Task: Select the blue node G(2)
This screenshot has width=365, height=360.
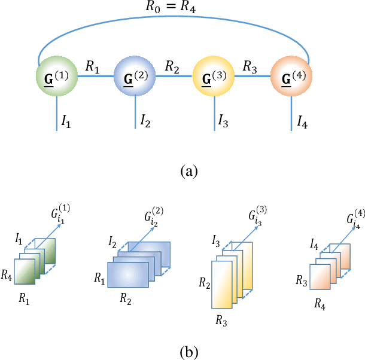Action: click(134, 78)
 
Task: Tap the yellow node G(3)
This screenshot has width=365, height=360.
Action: click(213, 78)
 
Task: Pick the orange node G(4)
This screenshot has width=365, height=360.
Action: click(291, 78)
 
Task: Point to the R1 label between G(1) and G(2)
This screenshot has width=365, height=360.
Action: click(93, 66)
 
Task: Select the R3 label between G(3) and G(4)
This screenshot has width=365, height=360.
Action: click(251, 66)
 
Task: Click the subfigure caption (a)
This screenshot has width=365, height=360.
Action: click(188, 172)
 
